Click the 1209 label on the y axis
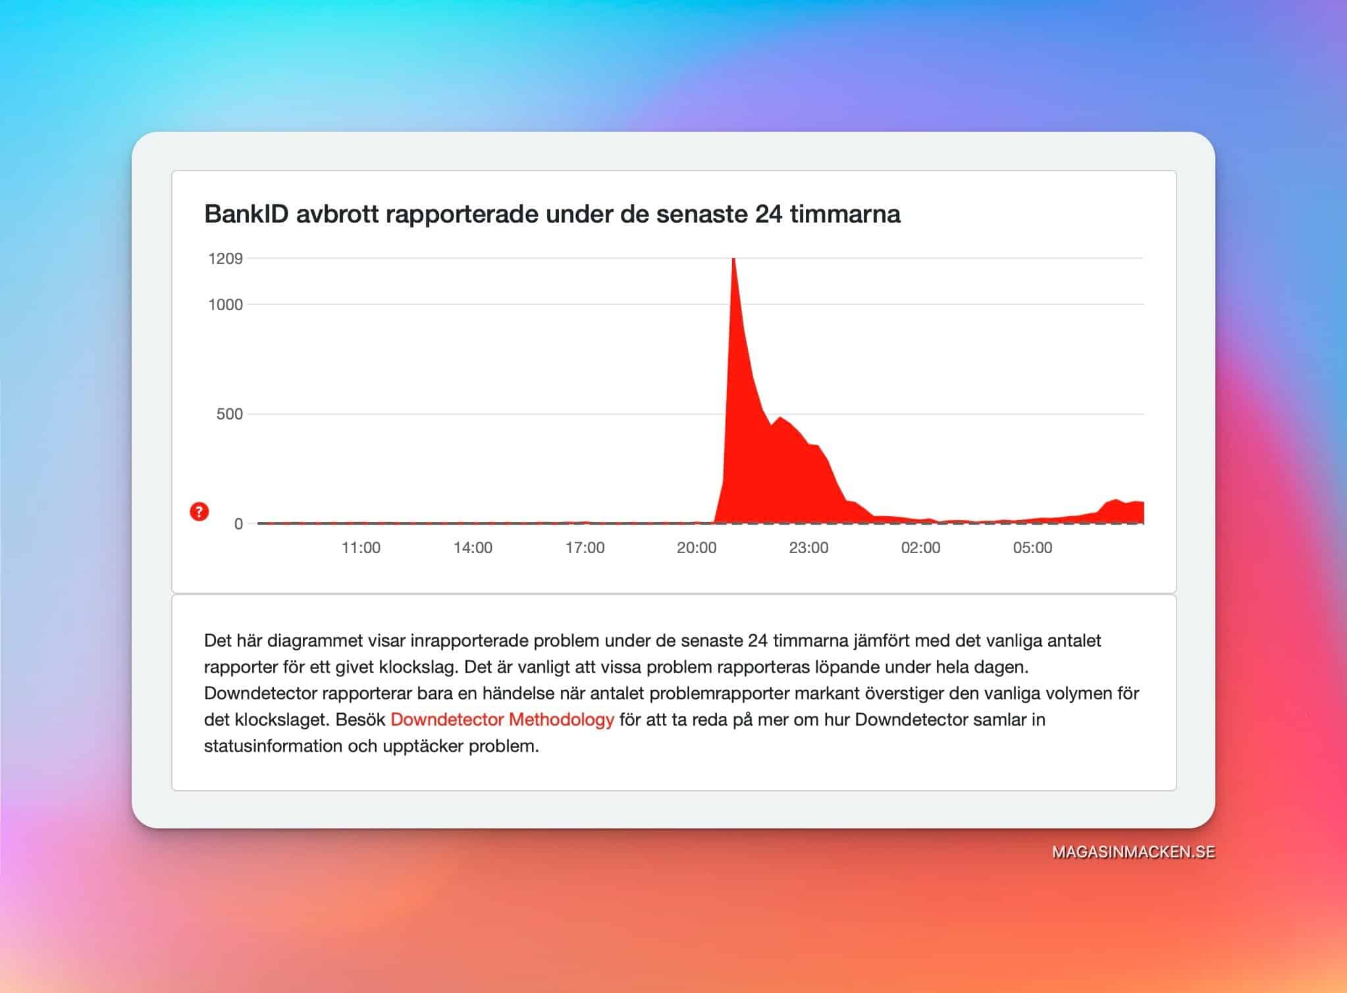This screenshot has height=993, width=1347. click(x=226, y=258)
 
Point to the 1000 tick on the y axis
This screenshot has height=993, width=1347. click(x=226, y=304)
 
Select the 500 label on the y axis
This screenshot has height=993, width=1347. click(x=230, y=414)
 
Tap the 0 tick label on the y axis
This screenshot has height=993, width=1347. click(x=238, y=524)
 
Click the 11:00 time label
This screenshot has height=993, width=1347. click(x=361, y=548)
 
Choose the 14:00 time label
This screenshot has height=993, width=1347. click(x=473, y=548)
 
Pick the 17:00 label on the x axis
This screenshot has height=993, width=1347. click(x=585, y=548)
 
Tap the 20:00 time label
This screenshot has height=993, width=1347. click(x=697, y=548)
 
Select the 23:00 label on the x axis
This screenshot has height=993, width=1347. click(x=808, y=548)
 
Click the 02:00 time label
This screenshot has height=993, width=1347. click(x=920, y=548)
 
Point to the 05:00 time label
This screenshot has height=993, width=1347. click(x=1032, y=548)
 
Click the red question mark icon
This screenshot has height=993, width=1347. click(x=199, y=512)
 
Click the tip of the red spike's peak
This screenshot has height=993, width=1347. click(x=733, y=258)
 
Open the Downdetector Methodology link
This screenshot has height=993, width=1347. click(x=502, y=720)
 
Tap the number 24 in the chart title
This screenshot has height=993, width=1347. click(x=769, y=214)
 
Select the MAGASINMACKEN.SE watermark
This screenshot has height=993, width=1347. click(x=1134, y=852)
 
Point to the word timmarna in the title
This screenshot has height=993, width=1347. click(x=845, y=214)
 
